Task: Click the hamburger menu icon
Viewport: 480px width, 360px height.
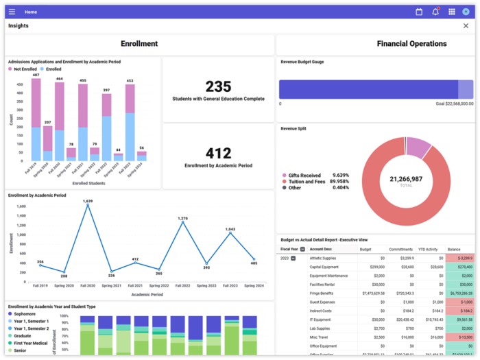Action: [12, 12]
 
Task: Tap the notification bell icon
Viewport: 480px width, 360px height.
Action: [435, 12]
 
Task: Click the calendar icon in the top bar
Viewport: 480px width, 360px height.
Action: [419, 12]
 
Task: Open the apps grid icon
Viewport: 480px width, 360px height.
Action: [452, 12]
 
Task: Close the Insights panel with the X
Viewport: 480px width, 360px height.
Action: [466, 26]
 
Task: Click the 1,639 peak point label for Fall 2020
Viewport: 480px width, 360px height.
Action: [88, 201]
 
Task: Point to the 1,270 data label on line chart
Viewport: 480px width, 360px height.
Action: [182, 218]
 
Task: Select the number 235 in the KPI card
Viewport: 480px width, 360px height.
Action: [218, 86]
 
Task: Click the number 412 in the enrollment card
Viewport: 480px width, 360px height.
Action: [218, 153]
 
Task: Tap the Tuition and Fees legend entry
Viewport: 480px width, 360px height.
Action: [306, 182]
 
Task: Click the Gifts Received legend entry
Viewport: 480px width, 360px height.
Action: [304, 176]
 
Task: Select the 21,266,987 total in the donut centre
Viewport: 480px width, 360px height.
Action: [406, 179]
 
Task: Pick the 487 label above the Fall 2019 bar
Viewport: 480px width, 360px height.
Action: [36, 75]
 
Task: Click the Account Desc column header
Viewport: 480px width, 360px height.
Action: [322, 250]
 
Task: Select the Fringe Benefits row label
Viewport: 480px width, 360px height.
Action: [322, 293]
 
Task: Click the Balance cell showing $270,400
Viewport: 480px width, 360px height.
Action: [460, 267]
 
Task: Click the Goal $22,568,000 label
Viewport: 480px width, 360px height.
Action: [455, 104]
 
